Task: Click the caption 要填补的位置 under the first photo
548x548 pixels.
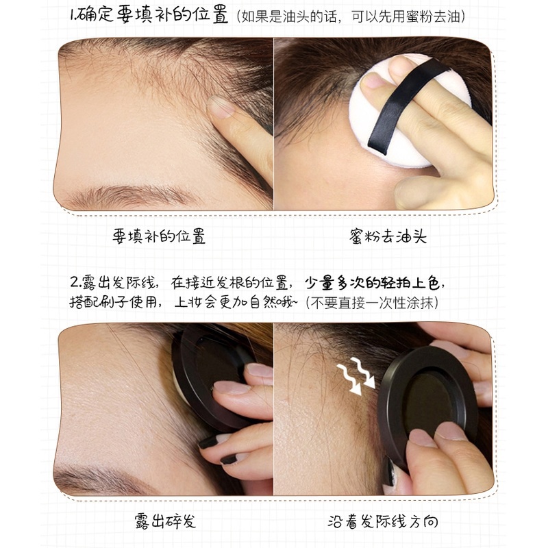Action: [159, 237]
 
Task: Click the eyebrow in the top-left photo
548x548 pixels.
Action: [130, 196]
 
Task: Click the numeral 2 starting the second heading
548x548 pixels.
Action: [73, 283]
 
